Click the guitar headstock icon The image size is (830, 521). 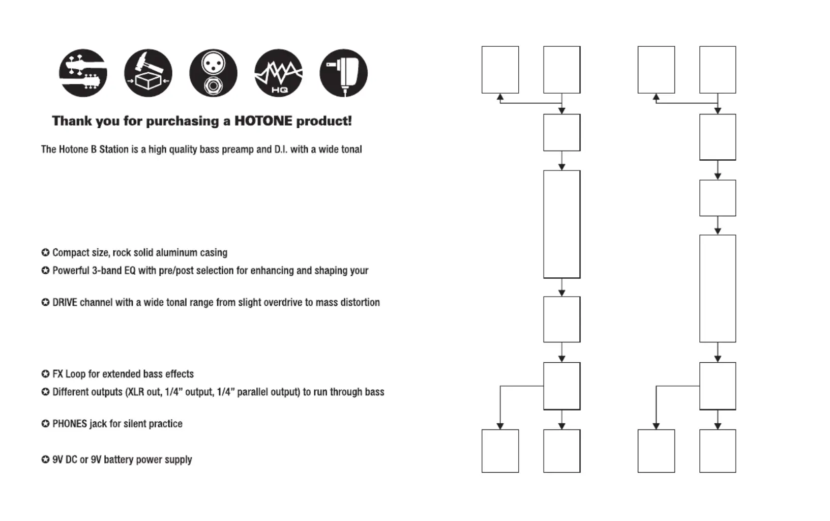pos(83,73)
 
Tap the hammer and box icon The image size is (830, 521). pos(148,73)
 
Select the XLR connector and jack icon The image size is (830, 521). pos(214,73)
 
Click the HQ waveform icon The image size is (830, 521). pos(279,73)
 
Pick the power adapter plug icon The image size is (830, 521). pos(344,73)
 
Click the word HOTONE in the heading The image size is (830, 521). pos(263,121)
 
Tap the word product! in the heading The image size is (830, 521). pos(324,122)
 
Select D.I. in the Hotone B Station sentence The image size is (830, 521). pos(281,150)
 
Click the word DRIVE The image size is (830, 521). pos(65,303)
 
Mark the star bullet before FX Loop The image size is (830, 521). pos(45,374)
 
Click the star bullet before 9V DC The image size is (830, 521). pos(45,460)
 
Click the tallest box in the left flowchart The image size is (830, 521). pos(562,224)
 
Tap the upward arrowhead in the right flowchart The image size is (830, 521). pos(656,97)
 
